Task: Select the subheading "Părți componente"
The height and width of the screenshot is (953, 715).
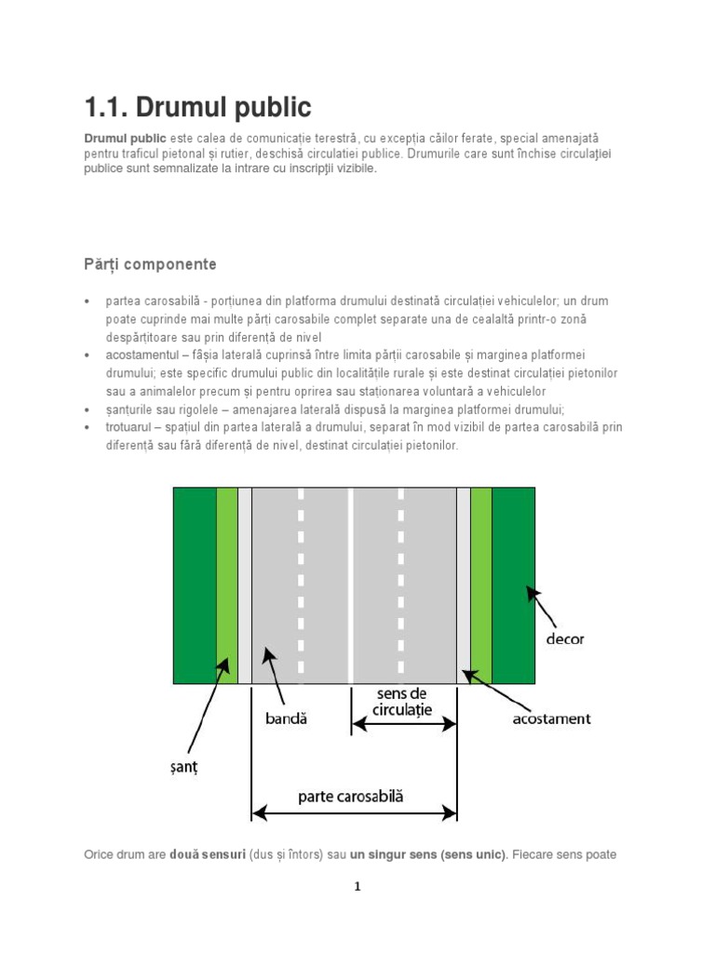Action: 150,264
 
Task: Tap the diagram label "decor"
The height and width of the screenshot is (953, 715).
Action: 565,639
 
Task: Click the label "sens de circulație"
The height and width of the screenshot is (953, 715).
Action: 402,702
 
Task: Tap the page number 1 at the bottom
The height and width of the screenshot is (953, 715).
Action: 357,887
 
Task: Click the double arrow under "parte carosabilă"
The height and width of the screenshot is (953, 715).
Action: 354,813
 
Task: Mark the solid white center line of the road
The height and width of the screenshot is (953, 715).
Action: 351,585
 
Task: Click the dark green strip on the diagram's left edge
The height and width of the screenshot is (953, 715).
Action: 194,585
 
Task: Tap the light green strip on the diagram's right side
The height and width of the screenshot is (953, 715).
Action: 480,585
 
